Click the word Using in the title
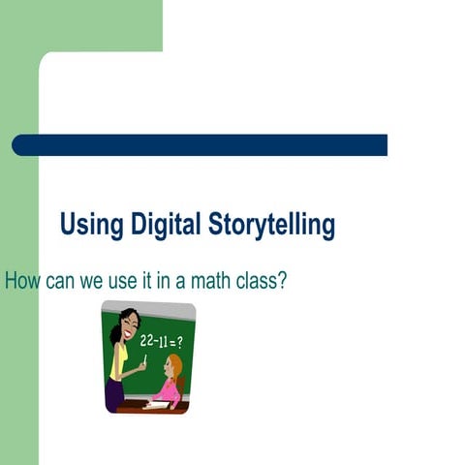[x=92, y=226]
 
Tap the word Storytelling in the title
[x=271, y=226]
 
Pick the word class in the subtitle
[x=261, y=282]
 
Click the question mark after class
[x=285, y=282]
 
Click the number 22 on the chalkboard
[x=148, y=340]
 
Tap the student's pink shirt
[x=169, y=389]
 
